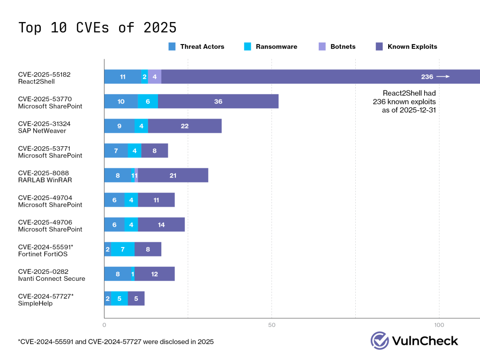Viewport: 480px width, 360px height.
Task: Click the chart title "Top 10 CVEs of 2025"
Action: tap(97, 27)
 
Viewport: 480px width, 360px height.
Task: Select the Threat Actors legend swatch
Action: tap(172, 46)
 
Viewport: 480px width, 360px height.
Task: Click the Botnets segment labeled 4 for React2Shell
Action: tap(155, 77)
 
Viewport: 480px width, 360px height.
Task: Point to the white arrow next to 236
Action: tap(443, 77)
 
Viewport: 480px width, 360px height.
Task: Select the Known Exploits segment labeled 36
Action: tap(218, 101)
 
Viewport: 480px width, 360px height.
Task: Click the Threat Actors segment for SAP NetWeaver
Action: tap(119, 126)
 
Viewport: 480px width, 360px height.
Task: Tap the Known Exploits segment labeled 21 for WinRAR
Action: tap(173, 175)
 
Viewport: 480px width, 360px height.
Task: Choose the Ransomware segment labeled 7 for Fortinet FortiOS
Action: tap(123, 249)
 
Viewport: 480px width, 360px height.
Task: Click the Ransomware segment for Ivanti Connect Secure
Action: tap(133, 274)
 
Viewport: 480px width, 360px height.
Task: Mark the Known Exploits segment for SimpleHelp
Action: tap(136, 299)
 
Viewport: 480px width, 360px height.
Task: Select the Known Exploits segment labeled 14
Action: tap(161, 225)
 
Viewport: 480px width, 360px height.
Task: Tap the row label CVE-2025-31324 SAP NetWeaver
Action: tap(42, 127)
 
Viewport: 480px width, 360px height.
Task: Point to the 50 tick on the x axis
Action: tap(271, 325)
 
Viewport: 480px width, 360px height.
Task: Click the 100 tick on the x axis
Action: tap(439, 325)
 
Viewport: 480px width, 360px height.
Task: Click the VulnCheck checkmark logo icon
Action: tap(380, 341)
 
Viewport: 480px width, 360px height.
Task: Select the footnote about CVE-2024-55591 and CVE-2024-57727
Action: tap(116, 342)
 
